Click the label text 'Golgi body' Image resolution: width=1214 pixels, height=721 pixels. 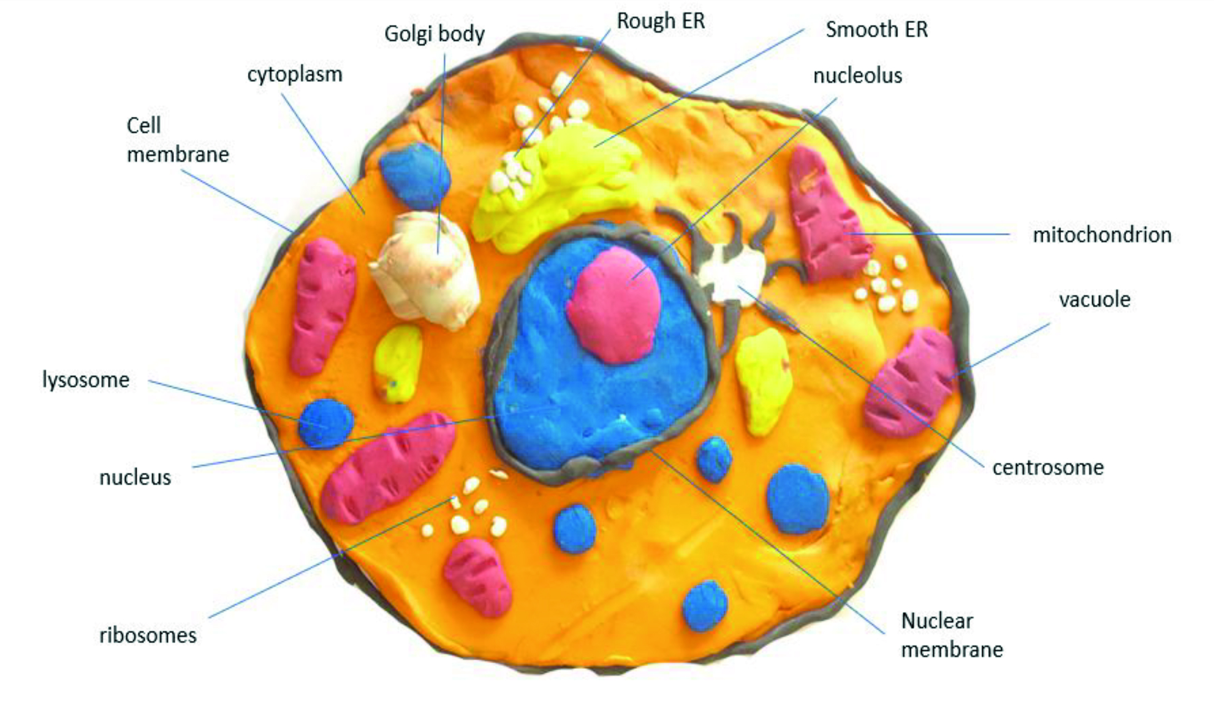(x=434, y=34)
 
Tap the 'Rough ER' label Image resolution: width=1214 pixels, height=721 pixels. (x=661, y=22)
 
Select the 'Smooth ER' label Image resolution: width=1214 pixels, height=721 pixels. (x=877, y=29)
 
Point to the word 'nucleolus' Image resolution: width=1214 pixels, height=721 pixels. (x=857, y=76)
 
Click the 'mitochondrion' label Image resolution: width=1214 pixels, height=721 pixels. (x=1102, y=235)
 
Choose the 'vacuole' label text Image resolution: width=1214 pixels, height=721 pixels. (x=1094, y=300)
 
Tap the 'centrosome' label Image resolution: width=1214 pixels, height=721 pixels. (x=1048, y=468)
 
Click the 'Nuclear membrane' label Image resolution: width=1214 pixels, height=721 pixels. (x=952, y=635)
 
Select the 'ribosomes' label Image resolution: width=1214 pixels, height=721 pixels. (x=148, y=635)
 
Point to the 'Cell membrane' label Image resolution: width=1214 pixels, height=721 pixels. (x=177, y=140)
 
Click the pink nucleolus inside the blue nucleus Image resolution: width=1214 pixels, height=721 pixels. (x=613, y=305)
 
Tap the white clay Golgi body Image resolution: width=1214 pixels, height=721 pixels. (x=425, y=270)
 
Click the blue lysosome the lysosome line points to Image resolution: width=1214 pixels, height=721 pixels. (x=326, y=423)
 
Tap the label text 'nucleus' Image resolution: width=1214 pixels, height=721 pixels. (x=135, y=478)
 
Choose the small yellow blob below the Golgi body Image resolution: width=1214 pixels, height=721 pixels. (x=397, y=363)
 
